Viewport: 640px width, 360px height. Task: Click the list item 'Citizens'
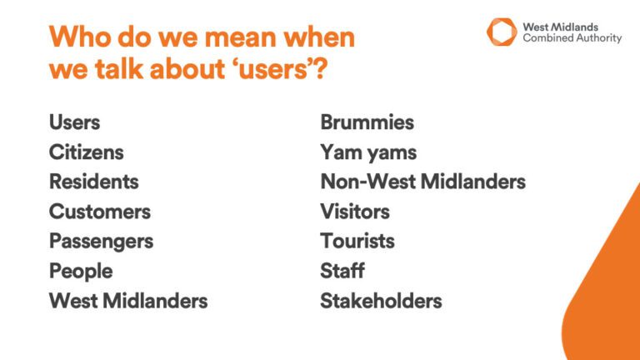86,152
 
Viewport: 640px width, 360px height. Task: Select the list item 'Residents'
93,182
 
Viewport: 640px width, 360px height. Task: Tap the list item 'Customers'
99,212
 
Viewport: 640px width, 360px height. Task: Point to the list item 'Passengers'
101,242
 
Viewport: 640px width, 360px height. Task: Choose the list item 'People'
80,272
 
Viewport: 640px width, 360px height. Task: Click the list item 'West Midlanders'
127,301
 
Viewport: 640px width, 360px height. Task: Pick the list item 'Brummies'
367,122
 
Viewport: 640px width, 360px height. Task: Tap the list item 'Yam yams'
367,152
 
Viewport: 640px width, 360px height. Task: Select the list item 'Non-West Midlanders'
422,182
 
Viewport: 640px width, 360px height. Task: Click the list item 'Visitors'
354,212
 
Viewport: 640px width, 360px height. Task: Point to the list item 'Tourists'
357,242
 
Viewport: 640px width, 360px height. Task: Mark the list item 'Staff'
342,272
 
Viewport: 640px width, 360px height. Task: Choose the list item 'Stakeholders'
380,301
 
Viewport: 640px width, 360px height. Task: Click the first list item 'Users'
74,122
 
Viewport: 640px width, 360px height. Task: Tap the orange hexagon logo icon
502,32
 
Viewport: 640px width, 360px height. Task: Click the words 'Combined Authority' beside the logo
572,38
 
